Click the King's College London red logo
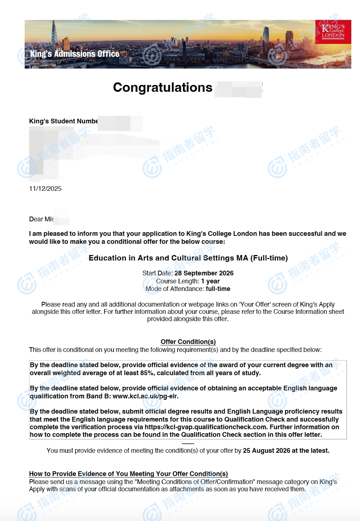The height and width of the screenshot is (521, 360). (333, 32)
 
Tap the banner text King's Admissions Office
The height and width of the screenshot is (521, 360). (75, 54)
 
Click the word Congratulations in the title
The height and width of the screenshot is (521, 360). (163, 87)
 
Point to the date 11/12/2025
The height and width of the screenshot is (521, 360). (45, 189)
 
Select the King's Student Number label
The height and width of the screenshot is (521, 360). (63, 121)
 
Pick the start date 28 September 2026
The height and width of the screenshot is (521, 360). (204, 273)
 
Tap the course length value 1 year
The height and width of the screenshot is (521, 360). (210, 281)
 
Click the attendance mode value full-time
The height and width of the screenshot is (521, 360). (218, 289)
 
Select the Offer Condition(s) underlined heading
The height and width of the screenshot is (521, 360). (188, 342)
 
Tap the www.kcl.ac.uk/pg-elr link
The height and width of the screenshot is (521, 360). (146, 396)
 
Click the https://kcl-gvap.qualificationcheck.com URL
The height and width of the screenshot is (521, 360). (206, 427)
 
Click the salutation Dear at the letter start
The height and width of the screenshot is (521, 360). (36, 219)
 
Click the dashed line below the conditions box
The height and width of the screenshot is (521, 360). (188, 443)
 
